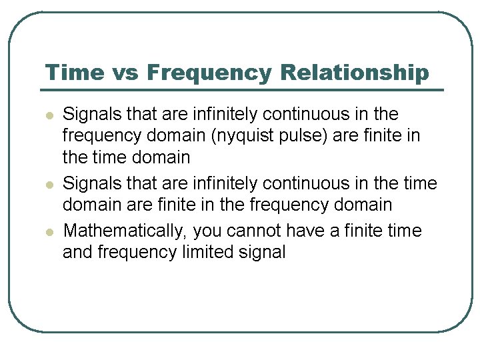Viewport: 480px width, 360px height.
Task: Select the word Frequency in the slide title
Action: point(209,72)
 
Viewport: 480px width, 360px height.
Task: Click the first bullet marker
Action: point(49,115)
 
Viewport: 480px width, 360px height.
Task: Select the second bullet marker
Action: point(49,185)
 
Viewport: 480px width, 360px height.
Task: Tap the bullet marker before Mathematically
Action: point(49,232)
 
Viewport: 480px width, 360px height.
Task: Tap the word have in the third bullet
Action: point(306,231)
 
